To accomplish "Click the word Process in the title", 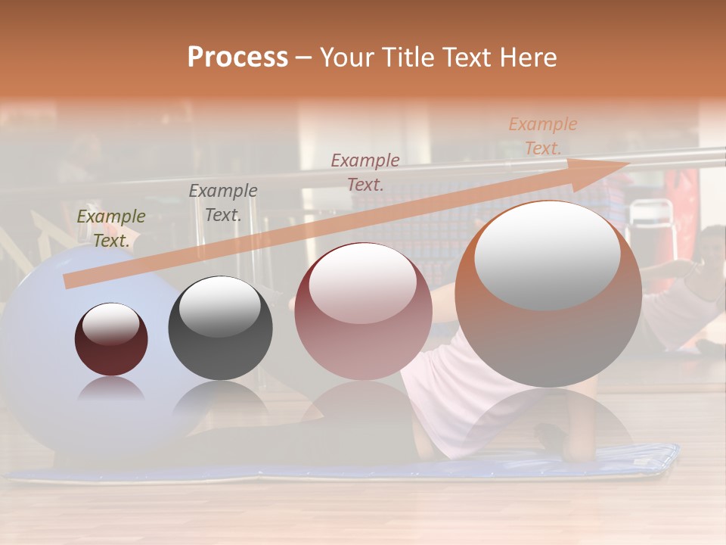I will (237, 58).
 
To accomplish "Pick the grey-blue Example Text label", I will (223, 203).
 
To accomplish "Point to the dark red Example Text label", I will (365, 172).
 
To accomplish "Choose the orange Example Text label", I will (543, 136).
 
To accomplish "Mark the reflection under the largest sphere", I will (548, 424).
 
